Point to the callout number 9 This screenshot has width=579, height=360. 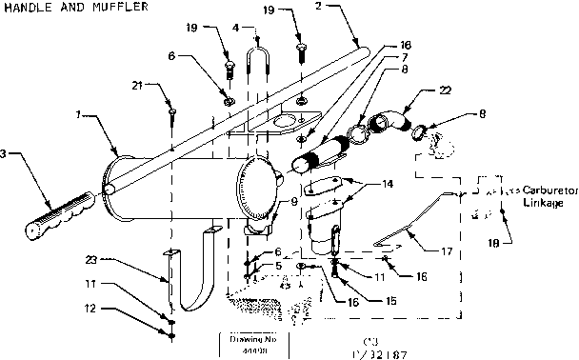pyautogui.click(x=267, y=201)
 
